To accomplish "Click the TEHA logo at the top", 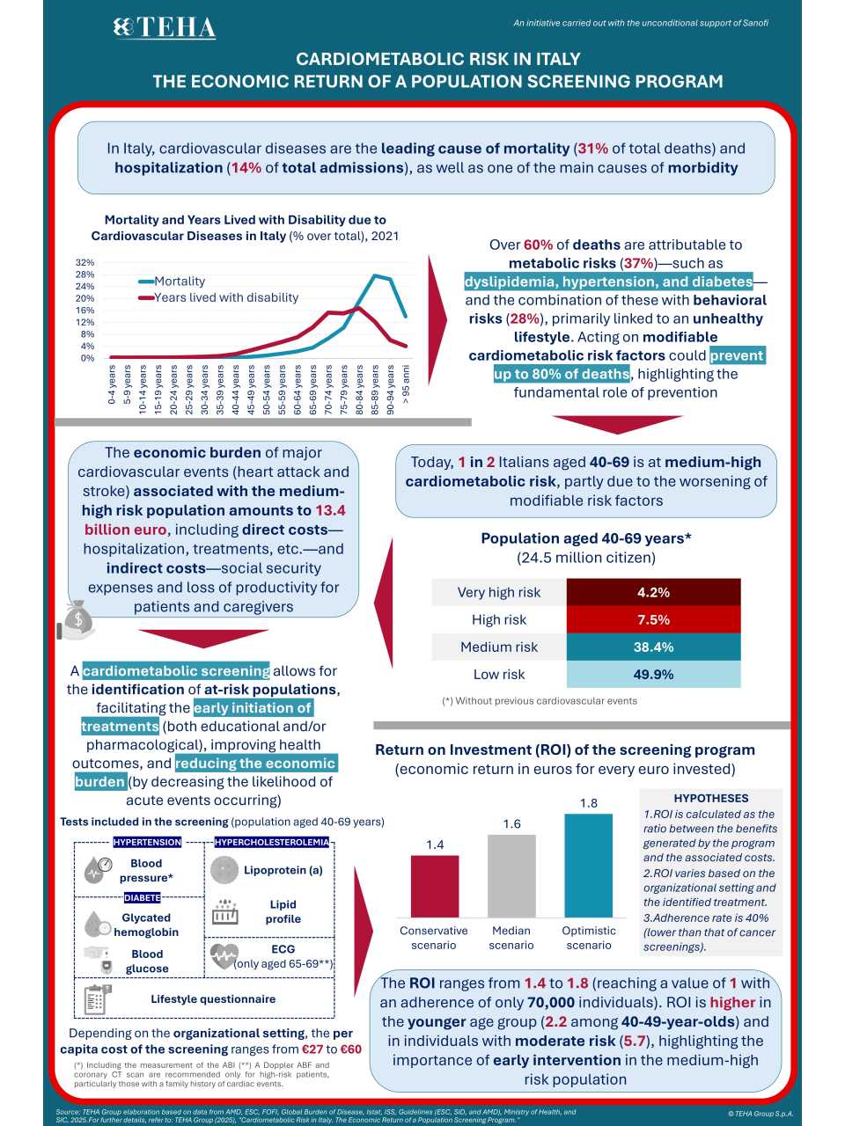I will coord(165,28).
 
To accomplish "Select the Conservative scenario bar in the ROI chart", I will coord(435,886).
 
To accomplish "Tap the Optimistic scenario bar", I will coord(588,866).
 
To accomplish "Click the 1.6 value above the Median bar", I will coord(511,823).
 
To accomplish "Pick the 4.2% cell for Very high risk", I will coord(653,592).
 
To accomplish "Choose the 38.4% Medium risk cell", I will coord(653,647).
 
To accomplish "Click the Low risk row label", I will coord(498,674).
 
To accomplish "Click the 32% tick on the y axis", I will coord(85,262).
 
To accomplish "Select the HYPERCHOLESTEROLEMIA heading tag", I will coord(272,842).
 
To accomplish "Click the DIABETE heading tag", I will coord(142,898).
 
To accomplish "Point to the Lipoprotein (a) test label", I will coord(283,870).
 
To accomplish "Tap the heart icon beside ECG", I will coord(224,955).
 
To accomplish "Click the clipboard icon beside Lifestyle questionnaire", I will coord(97,999).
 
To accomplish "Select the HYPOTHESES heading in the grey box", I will coord(710,798).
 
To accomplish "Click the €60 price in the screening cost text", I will coord(349,1049).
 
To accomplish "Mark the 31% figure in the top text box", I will coord(592,149).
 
